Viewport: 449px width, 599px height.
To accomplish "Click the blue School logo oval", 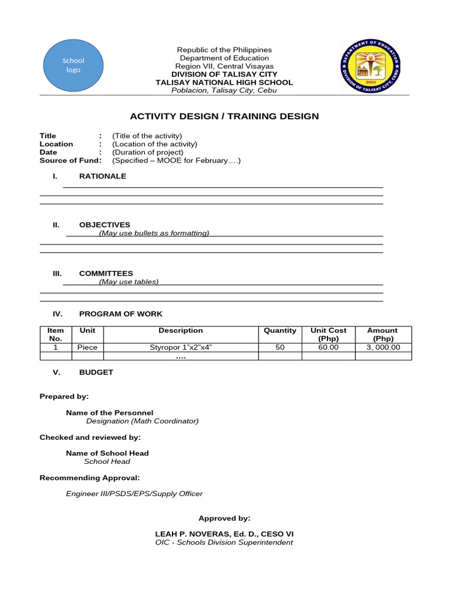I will [73, 65].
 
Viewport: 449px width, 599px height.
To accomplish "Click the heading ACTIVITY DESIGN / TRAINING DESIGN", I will [224, 116].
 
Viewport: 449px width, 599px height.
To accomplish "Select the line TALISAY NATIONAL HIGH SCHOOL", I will [224, 82].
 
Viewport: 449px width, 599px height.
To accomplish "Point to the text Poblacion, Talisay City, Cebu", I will [224, 90].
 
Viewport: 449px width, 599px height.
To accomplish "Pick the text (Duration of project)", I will [148, 152].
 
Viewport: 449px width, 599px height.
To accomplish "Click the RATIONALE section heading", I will [102, 176].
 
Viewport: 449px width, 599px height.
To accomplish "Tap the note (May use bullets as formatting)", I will [154, 233].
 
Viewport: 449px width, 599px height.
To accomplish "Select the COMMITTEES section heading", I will [106, 273].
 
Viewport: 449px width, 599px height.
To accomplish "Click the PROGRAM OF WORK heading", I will [120, 314].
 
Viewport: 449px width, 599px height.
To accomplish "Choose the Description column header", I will [181, 331].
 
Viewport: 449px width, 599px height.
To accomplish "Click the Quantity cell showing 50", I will [280, 347].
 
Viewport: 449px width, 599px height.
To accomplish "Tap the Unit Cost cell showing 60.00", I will [328, 347].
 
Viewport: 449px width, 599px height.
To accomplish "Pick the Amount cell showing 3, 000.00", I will [382, 347].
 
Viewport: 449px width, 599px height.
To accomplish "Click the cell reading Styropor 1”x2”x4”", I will [181, 347].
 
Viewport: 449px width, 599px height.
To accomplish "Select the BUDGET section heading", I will [96, 372].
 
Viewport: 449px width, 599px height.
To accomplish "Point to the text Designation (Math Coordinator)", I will [142, 421].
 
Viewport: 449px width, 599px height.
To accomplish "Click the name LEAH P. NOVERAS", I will [197, 533].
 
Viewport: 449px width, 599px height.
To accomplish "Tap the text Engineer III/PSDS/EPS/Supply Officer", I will [134, 493].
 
